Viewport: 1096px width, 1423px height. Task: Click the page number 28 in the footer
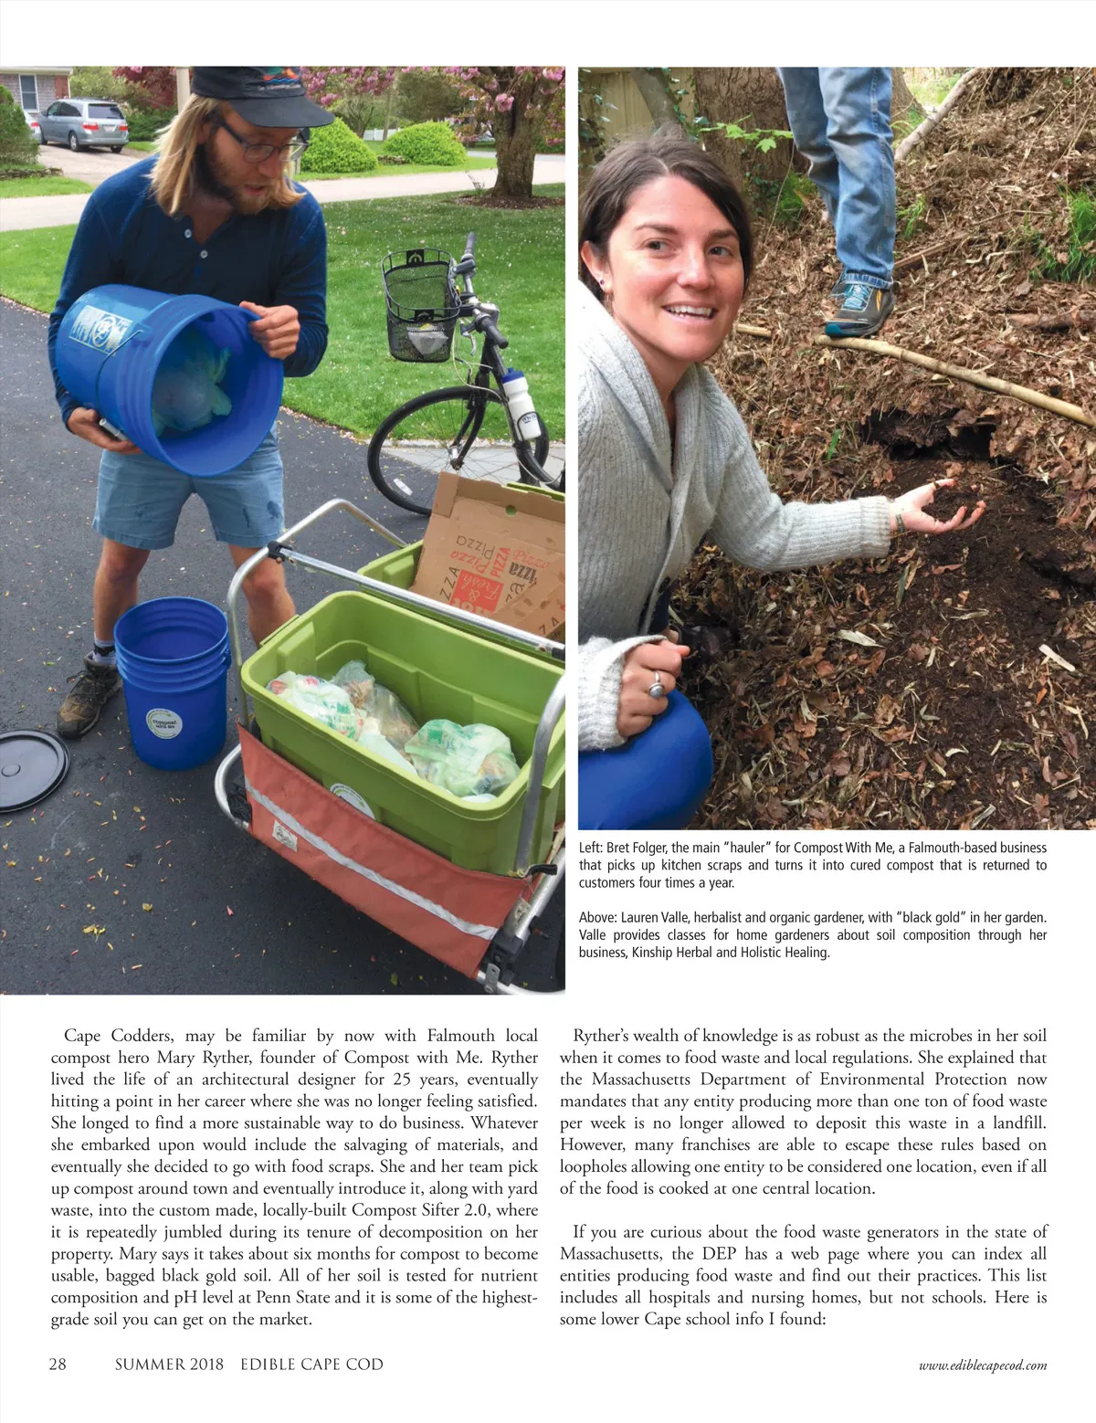pos(58,1365)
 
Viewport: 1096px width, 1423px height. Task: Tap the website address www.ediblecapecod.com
pos(983,1365)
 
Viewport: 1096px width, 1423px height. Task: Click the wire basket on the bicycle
pos(419,305)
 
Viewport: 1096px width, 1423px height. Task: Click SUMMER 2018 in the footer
pos(169,1365)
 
